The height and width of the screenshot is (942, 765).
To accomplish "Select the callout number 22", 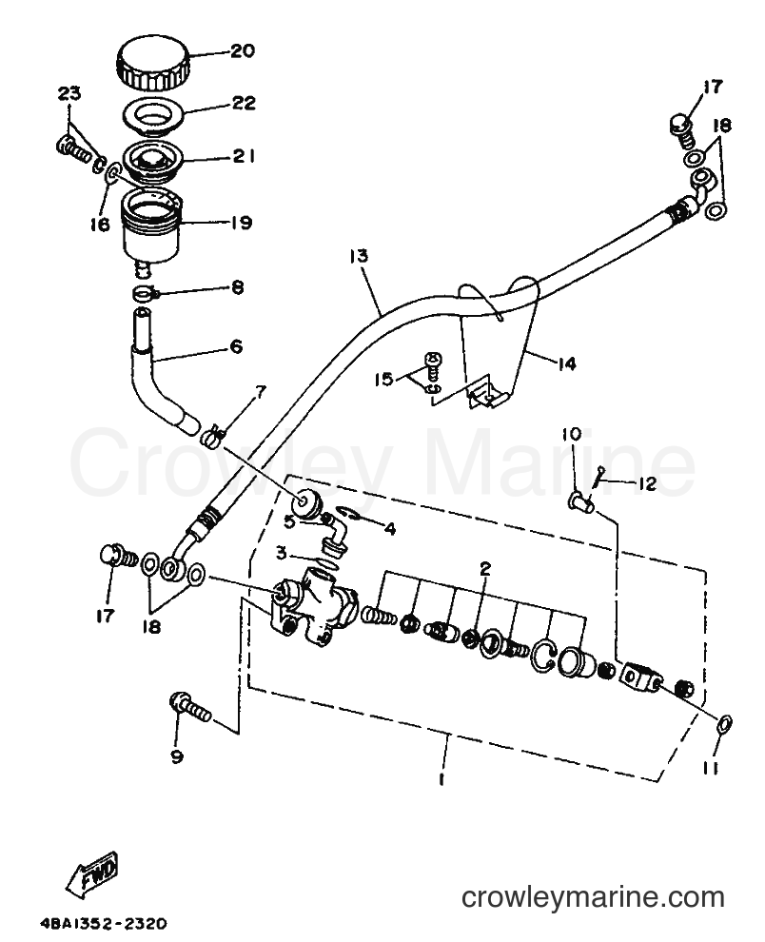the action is pyautogui.click(x=244, y=104).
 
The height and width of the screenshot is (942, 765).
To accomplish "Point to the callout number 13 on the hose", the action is pyautogui.click(x=358, y=256).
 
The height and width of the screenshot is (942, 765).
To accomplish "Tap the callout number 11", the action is pyautogui.click(x=711, y=769).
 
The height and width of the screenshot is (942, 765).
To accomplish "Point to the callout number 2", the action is pyautogui.click(x=485, y=568).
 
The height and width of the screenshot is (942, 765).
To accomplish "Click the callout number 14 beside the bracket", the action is pyautogui.click(x=566, y=363).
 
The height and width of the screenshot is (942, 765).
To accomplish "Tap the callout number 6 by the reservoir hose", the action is pyautogui.click(x=236, y=346).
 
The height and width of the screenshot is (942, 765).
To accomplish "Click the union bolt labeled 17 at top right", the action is pyautogui.click(x=682, y=132).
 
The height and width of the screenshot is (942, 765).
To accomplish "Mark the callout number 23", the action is pyautogui.click(x=69, y=93).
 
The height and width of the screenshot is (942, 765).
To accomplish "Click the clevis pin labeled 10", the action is pyautogui.click(x=580, y=502).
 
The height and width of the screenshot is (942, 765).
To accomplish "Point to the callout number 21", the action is pyautogui.click(x=244, y=156).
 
